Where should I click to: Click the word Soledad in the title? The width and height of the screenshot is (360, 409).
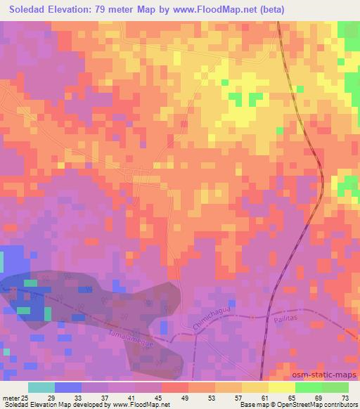[25, 9]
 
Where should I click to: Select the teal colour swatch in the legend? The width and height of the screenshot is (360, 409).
[41, 388]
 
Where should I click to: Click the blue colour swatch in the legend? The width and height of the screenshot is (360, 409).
[68, 388]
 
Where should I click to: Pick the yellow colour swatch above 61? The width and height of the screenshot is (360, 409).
[255, 388]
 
